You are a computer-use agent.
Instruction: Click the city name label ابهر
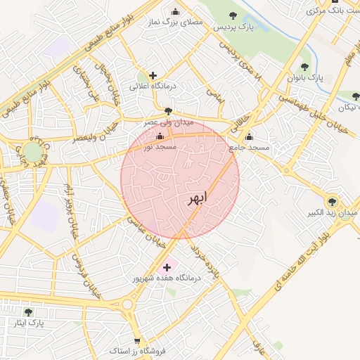coord(197,198)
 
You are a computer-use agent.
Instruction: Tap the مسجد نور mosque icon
coord(160,136)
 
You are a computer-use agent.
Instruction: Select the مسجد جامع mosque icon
coord(249,136)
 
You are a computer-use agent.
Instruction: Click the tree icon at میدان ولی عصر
coord(167,111)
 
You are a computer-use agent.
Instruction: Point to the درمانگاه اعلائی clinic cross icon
coord(153,75)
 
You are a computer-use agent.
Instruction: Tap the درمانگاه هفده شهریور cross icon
coord(167,267)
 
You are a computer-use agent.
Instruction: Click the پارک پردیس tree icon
coord(233,15)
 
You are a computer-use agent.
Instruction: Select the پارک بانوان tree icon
coord(304,67)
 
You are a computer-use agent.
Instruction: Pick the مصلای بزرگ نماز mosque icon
coord(175,11)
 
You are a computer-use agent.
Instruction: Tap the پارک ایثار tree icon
coord(28,311)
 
